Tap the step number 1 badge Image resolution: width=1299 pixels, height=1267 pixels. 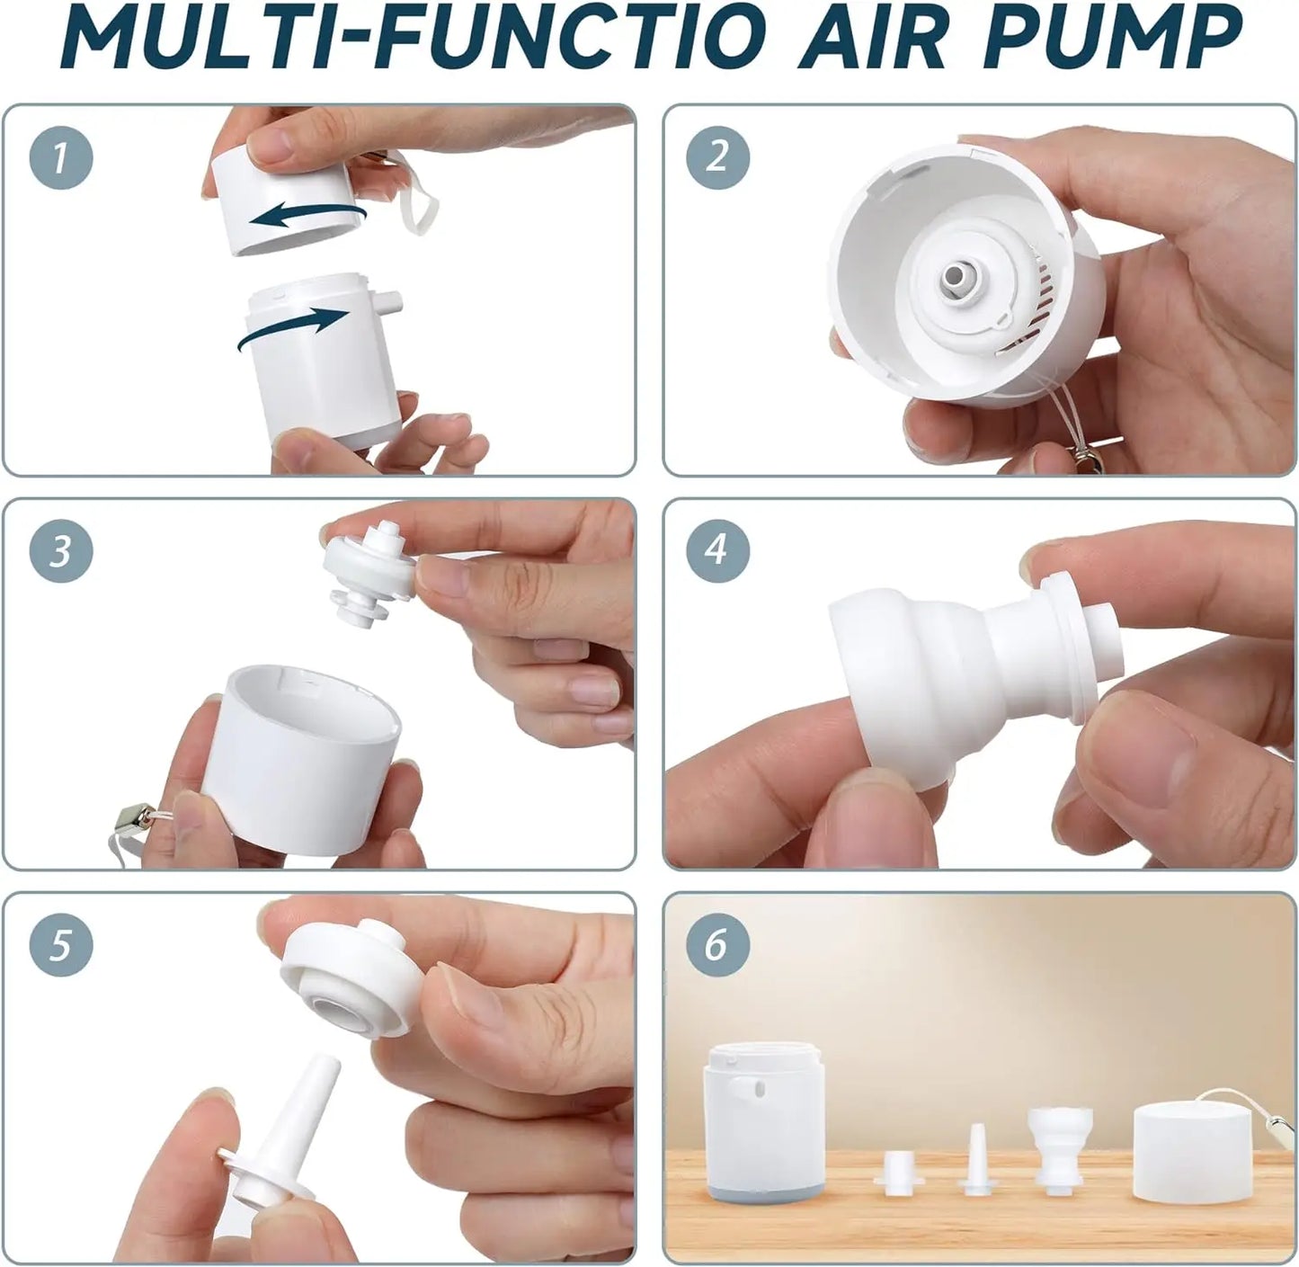(x=60, y=158)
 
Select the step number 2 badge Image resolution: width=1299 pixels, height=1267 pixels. (x=716, y=158)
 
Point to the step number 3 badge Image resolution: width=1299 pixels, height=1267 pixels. (x=60, y=550)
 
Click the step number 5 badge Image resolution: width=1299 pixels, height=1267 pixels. (x=60, y=945)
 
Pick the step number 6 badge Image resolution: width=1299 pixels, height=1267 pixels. (x=716, y=945)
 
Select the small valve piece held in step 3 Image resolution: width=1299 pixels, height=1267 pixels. (x=370, y=571)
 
